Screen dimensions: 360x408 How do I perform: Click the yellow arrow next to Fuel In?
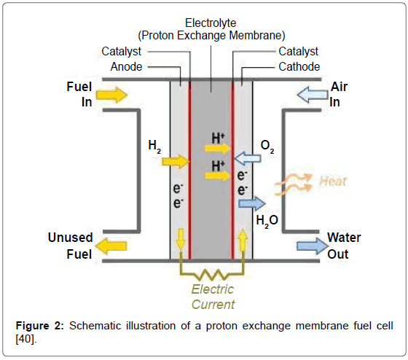(x=111, y=95)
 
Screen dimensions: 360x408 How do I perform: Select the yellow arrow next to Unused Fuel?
(x=110, y=246)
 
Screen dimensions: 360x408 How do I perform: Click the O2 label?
(x=267, y=149)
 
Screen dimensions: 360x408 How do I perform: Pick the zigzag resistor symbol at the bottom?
(x=212, y=275)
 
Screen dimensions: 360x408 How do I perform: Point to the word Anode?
(x=126, y=66)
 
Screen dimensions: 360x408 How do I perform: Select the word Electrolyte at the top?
(x=211, y=23)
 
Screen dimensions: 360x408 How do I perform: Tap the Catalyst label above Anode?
(x=122, y=52)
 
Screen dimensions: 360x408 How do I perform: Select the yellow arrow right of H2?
(x=176, y=160)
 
